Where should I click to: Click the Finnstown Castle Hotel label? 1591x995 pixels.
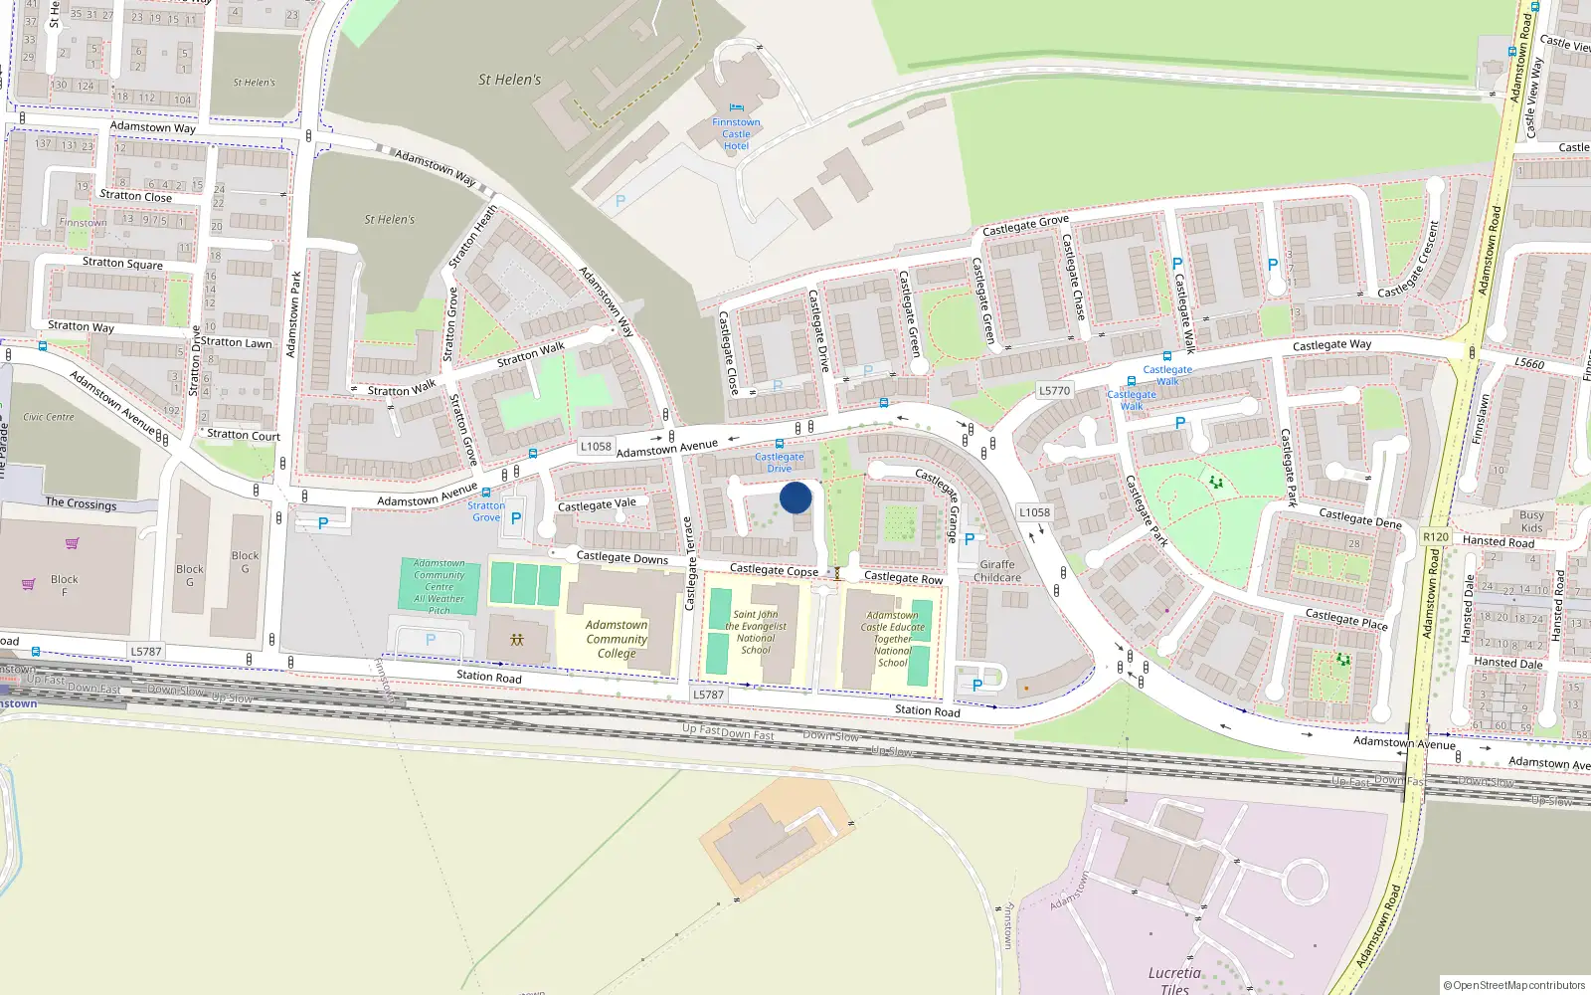click(x=736, y=134)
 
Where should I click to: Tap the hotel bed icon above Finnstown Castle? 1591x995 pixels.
click(x=736, y=107)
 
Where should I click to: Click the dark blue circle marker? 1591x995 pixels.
click(x=795, y=497)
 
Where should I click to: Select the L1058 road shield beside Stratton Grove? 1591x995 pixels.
click(x=596, y=447)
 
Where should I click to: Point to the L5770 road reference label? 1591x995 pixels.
click(x=1054, y=391)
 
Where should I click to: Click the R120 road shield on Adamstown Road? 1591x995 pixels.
click(x=1436, y=536)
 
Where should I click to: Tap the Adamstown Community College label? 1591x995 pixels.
click(x=617, y=639)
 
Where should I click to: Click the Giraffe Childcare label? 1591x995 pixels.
click(x=997, y=571)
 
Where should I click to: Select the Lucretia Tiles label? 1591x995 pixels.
click(x=1174, y=979)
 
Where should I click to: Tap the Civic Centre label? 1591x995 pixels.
click(x=49, y=417)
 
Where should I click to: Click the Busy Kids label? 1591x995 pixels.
click(x=1531, y=521)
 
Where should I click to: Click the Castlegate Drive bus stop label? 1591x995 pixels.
click(x=780, y=463)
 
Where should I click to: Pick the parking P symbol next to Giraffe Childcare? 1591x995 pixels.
click(x=970, y=540)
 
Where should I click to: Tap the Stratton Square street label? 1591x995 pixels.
click(x=122, y=264)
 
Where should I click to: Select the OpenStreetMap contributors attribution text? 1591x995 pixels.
click(x=1518, y=985)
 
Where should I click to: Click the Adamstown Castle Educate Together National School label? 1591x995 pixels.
click(x=893, y=639)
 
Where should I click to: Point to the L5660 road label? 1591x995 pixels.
click(x=1529, y=364)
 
